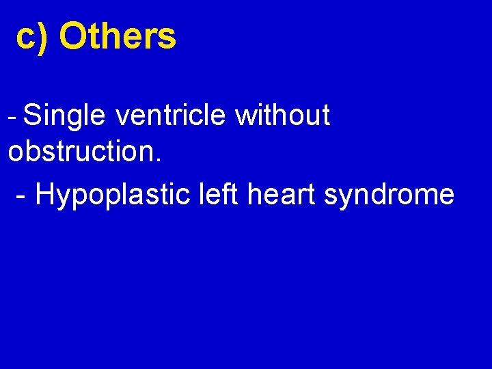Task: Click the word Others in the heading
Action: (118, 37)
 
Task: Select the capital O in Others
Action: (72, 37)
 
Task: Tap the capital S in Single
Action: (32, 116)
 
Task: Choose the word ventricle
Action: (170, 116)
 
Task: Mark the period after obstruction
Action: (159, 160)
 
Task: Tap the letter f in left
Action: (223, 194)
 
